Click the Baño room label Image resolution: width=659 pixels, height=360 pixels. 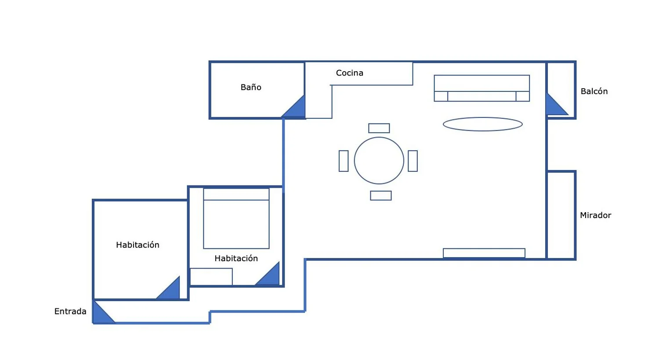pos(251,87)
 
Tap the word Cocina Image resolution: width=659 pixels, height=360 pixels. pos(350,73)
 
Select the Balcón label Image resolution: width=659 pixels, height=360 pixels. pos(594,91)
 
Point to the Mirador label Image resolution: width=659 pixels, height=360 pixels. pos(595,215)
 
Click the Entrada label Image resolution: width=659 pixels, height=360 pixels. pos(70,311)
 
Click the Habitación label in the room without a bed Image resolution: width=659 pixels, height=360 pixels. pos(138,244)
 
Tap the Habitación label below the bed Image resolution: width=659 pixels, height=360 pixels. pos(236,258)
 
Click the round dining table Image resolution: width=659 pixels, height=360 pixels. pos(379,160)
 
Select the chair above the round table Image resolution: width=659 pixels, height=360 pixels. pos(379,128)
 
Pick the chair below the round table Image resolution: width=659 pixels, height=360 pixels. pos(381,196)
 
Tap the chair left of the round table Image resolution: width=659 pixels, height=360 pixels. pos(344,161)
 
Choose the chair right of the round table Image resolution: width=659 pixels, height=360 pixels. pos(413,161)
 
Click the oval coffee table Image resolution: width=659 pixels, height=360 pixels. pos(483,124)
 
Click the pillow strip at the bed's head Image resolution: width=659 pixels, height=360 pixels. pos(236,194)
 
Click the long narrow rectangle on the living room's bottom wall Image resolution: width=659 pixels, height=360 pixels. pos(484,253)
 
